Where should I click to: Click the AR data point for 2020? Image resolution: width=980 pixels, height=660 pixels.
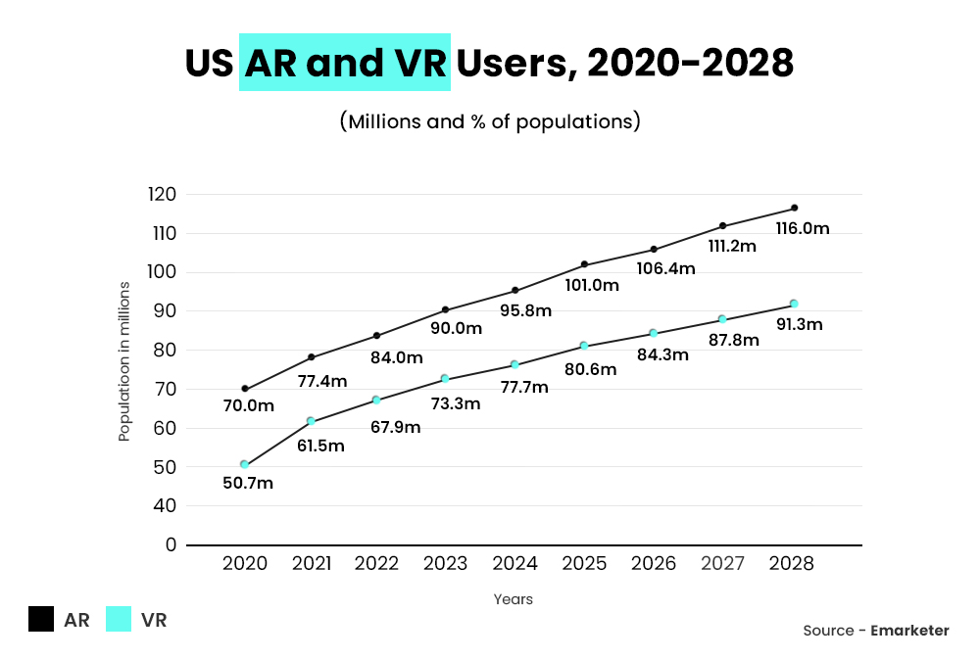pyautogui.click(x=245, y=389)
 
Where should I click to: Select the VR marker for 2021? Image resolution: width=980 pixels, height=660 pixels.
pyautogui.click(x=311, y=421)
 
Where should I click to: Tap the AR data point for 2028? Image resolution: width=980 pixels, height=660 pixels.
pyautogui.click(x=794, y=208)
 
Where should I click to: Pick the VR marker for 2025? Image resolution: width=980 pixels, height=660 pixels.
pyautogui.click(x=584, y=346)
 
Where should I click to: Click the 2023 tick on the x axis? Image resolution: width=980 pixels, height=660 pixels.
pyautogui.click(x=446, y=564)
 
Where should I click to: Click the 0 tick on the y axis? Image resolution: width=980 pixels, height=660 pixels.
pyautogui.click(x=171, y=544)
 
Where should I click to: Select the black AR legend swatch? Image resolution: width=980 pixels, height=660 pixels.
pyautogui.click(x=41, y=620)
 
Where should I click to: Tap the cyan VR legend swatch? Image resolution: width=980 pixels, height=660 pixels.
pyautogui.click(x=119, y=620)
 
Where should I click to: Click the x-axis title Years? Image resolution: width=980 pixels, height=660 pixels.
pyautogui.click(x=514, y=599)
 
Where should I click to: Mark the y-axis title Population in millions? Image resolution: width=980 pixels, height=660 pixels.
pyautogui.click(x=124, y=361)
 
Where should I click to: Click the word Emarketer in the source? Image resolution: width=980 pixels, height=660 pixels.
pyautogui.click(x=909, y=631)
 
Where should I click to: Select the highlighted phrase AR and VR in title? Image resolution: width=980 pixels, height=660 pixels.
pyautogui.click(x=344, y=64)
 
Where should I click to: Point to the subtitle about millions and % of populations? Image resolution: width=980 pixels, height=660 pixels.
pyautogui.click(x=490, y=121)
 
